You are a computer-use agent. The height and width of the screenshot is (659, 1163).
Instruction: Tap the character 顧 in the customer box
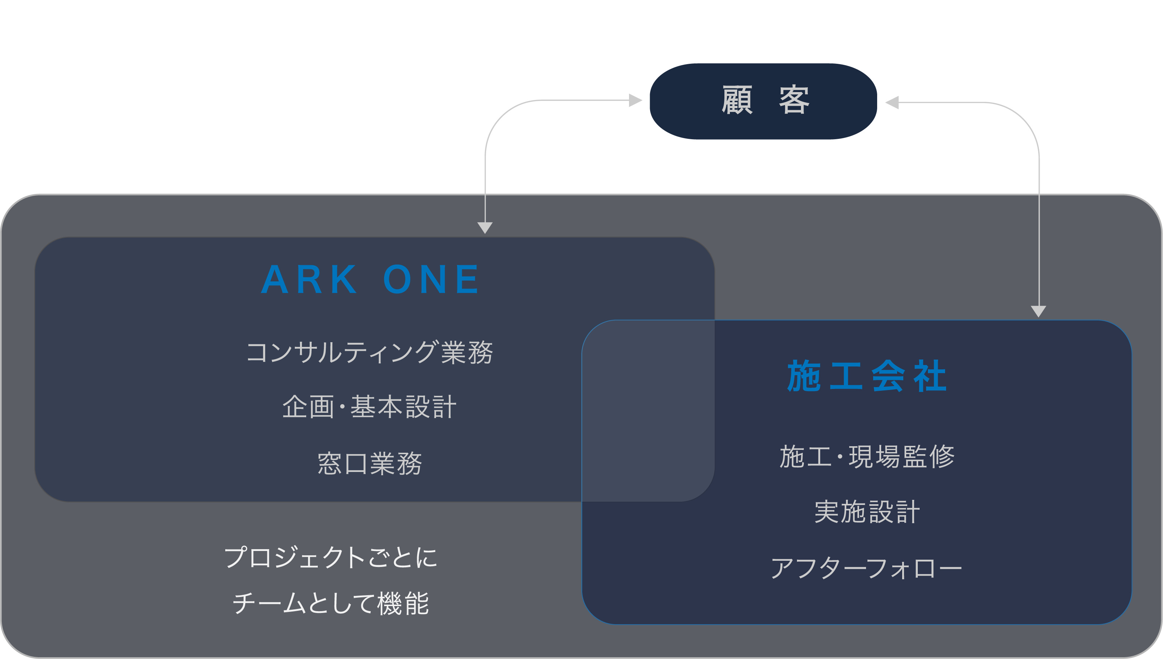[x=737, y=100]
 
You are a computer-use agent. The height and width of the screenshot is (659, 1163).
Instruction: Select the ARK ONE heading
[x=370, y=279]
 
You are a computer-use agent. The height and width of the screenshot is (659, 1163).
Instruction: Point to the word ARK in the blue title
[x=309, y=279]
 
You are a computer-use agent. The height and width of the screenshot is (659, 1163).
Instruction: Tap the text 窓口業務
[x=370, y=464]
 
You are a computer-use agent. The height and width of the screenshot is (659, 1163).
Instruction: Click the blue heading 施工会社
[x=866, y=376]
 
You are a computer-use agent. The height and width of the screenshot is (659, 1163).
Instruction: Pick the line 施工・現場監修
[x=866, y=456]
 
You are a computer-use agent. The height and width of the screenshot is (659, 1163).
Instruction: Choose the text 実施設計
[x=866, y=512]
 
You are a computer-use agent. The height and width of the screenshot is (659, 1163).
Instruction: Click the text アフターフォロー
[x=866, y=568]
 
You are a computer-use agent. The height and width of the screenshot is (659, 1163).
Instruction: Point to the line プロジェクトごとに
[x=330, y=557]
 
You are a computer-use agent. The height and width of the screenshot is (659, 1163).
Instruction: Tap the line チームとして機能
[x=330, y=603]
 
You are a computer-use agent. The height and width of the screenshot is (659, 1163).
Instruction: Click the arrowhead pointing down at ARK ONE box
[x=485, y=227]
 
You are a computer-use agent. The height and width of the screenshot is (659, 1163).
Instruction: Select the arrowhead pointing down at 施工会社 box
[x=1039, y=311]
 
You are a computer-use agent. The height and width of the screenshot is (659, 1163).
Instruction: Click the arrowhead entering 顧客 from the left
[x=636, y=100]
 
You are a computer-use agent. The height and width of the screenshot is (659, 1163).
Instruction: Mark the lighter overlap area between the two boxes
[x=648, y=411]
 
